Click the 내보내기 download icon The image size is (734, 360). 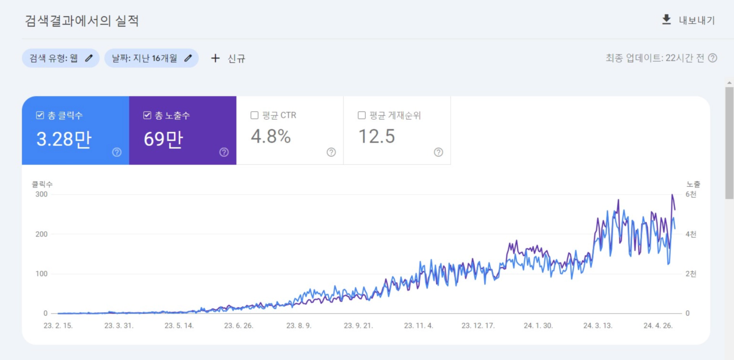coord(666,20)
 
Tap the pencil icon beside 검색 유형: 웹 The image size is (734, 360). coord(89,58)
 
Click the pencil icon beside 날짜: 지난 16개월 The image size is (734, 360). coord(188,58)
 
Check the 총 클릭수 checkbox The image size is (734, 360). coord(40,115)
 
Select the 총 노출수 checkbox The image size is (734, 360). coord(147,115)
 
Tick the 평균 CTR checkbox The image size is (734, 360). coord(254,115)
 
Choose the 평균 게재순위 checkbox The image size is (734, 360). coord(361,115)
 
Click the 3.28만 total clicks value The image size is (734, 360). coord(64,139)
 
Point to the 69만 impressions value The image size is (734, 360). coord(163,139)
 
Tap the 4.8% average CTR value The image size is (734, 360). coord(271,136)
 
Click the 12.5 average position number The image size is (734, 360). coord(377,136)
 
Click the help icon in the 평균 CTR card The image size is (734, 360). coord(331,152)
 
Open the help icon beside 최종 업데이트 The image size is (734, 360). coord(713,58)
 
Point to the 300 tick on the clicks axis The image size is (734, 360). coord(41,194)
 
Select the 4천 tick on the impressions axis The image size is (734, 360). coord(691,234)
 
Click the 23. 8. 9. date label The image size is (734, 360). coord(299,326)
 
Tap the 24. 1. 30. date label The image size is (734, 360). coord(538,326)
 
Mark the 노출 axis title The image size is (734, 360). coord(693,184)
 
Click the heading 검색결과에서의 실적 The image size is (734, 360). coord(82,21)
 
